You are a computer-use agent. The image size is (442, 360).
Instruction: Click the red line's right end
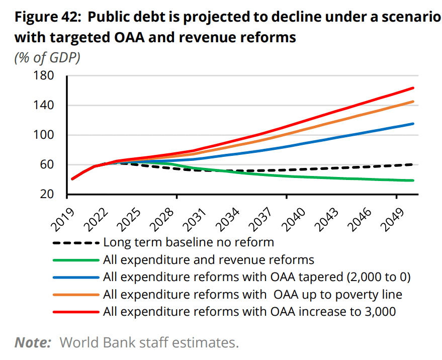click(413, 88)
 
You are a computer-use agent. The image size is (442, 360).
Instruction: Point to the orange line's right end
click(413, 102)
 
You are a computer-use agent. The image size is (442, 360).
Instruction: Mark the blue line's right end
click(413, 124)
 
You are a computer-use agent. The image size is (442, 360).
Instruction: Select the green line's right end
click(413, 181)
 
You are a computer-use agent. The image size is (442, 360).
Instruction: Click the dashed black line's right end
click(413, 164)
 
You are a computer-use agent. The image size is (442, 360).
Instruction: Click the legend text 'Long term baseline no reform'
click(189, 242)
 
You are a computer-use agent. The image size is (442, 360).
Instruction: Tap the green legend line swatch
click(75, 260)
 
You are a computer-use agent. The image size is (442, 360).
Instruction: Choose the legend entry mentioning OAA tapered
click(257, 277)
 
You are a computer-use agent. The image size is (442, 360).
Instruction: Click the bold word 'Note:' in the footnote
click(33, 343)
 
